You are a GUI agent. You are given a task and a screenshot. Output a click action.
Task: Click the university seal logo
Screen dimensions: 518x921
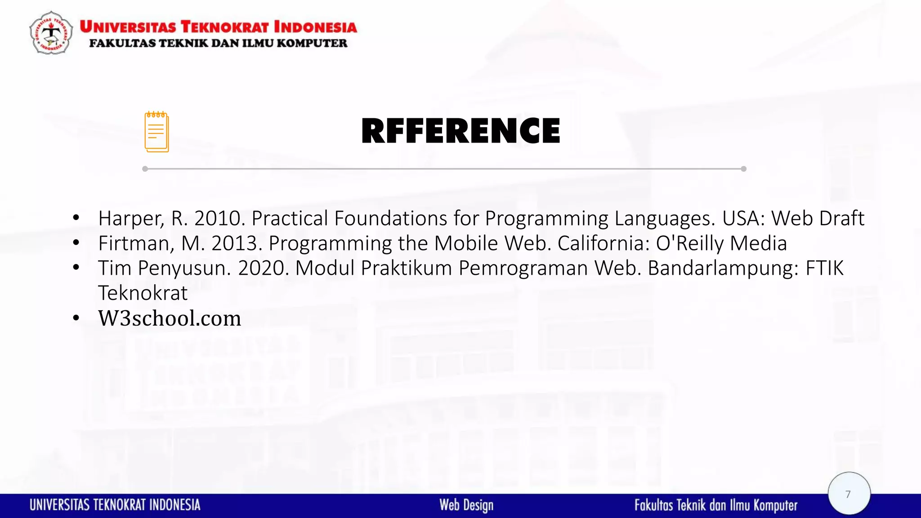click(x=51, y=33)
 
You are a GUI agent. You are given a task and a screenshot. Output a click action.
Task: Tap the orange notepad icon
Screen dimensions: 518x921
click(x=156, y=132)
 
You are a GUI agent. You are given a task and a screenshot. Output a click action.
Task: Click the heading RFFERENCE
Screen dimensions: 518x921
click(x=460, y=131)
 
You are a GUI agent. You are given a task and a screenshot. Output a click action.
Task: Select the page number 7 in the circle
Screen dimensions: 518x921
click(x=848, y=494)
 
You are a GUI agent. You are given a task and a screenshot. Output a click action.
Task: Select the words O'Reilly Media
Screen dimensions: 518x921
click(x=721, y=243)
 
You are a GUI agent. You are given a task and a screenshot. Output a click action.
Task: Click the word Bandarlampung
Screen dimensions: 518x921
click(x=723, y=268)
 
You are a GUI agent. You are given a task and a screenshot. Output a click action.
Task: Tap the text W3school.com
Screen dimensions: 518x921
click(x=170, y=318)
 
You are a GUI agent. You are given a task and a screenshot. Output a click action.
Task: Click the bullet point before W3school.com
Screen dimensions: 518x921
click(x=76, y=318)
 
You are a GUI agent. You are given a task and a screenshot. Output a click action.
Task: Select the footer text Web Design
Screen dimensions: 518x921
click(x=466, y=505)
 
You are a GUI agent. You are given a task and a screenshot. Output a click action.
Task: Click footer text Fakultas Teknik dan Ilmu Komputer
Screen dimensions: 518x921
click(x=716, y=505)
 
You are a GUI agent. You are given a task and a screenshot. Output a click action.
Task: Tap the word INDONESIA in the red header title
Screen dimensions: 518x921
click(x=315, y=27)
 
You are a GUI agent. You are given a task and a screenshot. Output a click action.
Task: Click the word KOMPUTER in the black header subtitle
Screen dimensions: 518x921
click(x=312, y=43)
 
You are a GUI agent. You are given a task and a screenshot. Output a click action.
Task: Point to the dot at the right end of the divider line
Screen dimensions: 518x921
click(x=743, y=169)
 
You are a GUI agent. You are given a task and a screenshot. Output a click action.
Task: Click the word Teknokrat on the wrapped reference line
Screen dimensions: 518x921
click(x=143, y=293)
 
